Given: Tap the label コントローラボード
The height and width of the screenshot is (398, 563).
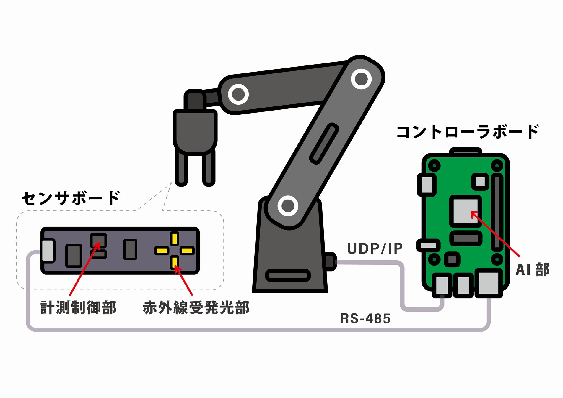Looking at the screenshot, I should tap(468, 132).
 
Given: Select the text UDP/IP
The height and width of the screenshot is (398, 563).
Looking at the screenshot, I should tap(375, 249).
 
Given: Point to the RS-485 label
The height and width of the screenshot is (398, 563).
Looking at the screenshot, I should tap(365, 319).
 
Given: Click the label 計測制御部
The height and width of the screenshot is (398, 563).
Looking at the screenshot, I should tap(79, 308).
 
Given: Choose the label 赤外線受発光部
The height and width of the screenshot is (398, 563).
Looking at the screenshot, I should tap(196, 308).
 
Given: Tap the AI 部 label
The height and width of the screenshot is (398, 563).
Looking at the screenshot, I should tap(532, 269).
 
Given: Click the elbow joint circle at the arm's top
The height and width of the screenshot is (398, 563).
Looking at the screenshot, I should tap(361, 79).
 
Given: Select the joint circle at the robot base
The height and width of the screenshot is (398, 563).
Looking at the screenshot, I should tap(288, 206).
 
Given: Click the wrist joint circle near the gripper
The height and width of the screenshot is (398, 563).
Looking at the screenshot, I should tap(238, 94).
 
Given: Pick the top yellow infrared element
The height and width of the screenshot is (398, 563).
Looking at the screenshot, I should tap(175, 239).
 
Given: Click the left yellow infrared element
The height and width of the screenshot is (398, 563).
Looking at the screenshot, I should tap(162, 251).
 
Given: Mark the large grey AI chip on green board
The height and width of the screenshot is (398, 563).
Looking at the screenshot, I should tap(466, 211).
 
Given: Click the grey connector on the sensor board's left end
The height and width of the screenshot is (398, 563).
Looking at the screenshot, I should tap(48, 251).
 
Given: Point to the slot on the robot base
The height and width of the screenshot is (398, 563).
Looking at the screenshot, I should tap(288, 276).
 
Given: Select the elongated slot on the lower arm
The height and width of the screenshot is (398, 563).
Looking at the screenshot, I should tap(324, 144).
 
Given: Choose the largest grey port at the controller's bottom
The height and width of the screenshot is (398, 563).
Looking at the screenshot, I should tap(489, 283).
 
